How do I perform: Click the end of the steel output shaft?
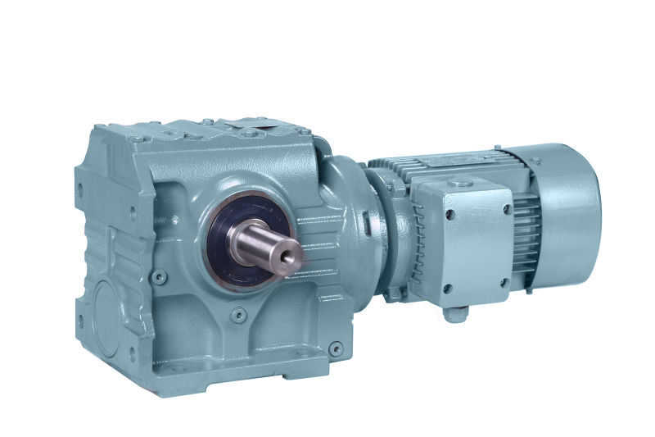288,257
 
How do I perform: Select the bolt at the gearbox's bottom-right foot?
335,349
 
